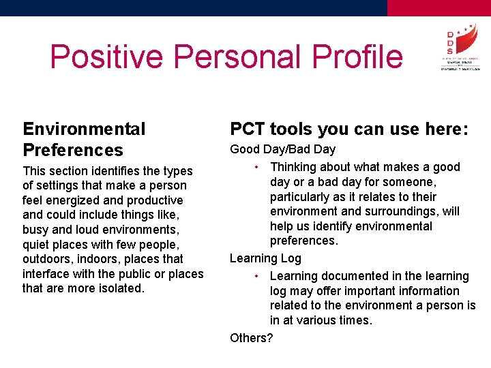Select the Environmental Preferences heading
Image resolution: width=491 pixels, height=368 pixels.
84,139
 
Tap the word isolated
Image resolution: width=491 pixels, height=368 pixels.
120,288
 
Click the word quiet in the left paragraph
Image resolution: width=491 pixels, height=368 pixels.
38,245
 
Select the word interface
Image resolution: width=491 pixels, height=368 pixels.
46,274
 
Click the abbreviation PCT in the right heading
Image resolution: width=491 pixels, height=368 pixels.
248,129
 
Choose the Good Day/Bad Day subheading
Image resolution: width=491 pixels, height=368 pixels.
282,149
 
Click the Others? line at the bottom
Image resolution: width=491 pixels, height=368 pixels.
251,338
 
